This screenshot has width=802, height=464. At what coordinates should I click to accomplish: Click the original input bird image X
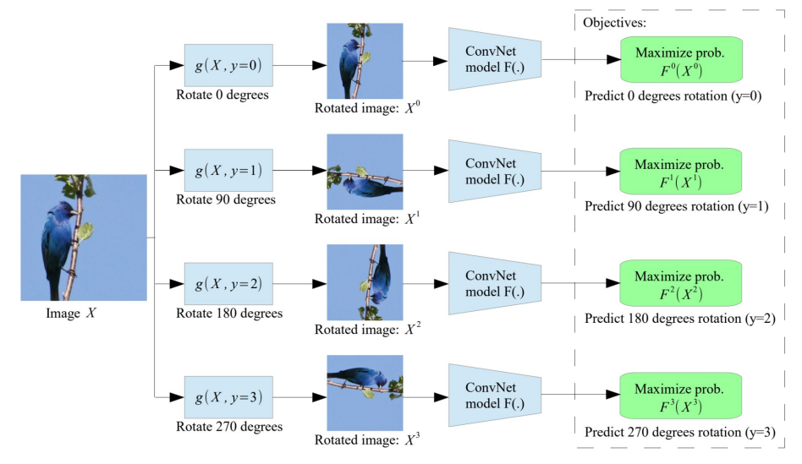click(x=84, y=237)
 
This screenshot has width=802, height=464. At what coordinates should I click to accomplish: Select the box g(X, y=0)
click(x=228, y=64)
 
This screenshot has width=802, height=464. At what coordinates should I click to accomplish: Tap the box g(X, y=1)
click(x=228, y=172)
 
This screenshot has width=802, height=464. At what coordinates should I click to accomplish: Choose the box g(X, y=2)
click(x=228, y=285)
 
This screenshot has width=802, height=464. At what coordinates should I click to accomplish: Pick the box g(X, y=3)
click(x=228, y=397)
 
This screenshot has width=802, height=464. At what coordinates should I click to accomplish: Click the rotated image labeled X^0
click(x=359, y=63)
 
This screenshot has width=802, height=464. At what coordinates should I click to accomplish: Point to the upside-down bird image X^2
click(x=359, y=282)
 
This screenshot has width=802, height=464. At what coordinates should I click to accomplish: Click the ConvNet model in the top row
click(x=492, y=59)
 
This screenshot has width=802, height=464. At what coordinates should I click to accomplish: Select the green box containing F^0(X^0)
click(x=680, y=60)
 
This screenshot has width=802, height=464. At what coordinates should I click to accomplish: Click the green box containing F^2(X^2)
click(x=680, y=285)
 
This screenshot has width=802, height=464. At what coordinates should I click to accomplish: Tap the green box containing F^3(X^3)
click(x=680, y=397)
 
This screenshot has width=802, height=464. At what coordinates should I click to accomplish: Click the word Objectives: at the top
click(x=615, y=23)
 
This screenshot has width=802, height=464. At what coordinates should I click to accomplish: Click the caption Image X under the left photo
click(x=69, y=314)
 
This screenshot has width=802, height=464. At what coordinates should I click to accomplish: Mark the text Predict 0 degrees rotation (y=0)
click(x=673, y=96)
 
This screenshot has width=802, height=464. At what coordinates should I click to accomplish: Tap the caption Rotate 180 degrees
click(x=228, y=314)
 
